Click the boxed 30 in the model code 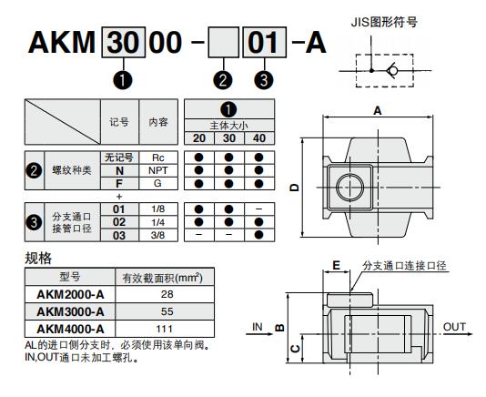pos(124,42)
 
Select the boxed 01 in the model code pos(264,43)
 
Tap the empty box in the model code pos(223,42)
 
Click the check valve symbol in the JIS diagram pos(392,71)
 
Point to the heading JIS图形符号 pos(384,23)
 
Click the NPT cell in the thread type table pos(158,170)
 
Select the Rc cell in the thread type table pos(158,158)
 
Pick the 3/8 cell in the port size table pos(157,236)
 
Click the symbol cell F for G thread pos(119,184)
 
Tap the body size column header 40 pos(259,138)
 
